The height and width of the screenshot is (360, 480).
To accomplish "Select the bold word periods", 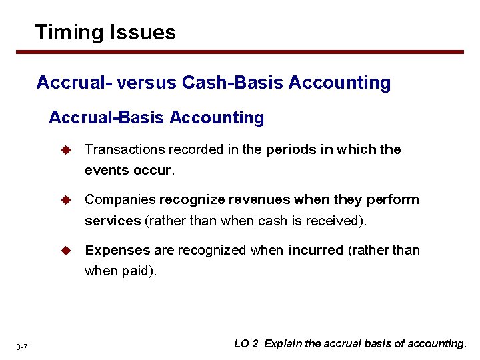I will click(291, 149).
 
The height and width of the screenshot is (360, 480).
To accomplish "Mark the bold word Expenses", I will click(117, 250).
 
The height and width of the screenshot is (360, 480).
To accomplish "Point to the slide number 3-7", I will click(21, 347).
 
